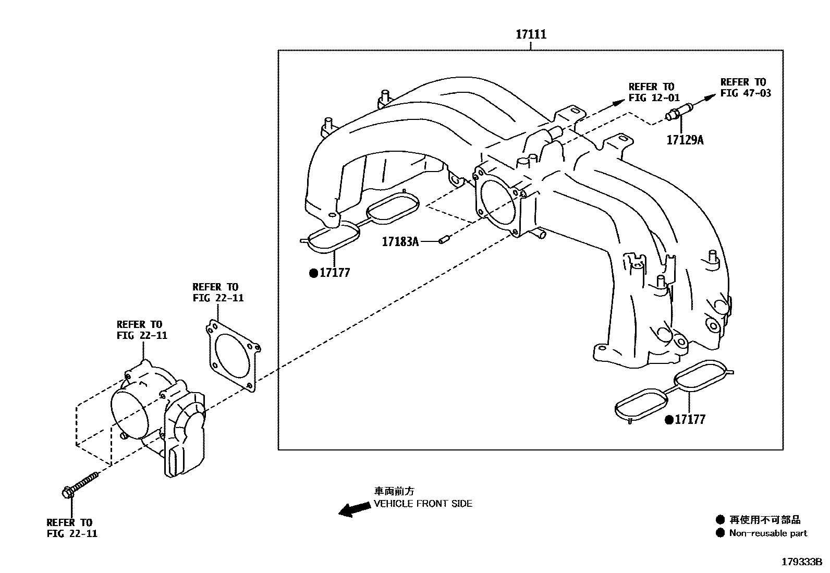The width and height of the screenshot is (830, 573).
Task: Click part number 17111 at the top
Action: point(531,34)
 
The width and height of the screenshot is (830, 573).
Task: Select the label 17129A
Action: point(685,140)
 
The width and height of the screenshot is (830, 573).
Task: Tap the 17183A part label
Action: point(400,241)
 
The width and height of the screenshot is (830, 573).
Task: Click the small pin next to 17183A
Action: point(444,240)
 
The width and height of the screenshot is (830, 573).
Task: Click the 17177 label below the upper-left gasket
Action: point(334,273)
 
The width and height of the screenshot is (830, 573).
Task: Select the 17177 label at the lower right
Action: point(690,419)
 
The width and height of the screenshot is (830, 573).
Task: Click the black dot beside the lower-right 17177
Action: point(669,419)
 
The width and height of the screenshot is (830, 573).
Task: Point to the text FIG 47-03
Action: point(745,93)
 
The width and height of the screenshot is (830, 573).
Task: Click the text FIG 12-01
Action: point(654,97)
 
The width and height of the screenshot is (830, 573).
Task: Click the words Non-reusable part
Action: point(767,533)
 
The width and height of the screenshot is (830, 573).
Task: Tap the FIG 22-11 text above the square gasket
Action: point(218,298)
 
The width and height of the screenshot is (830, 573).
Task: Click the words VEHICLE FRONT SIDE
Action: point(423,504)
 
